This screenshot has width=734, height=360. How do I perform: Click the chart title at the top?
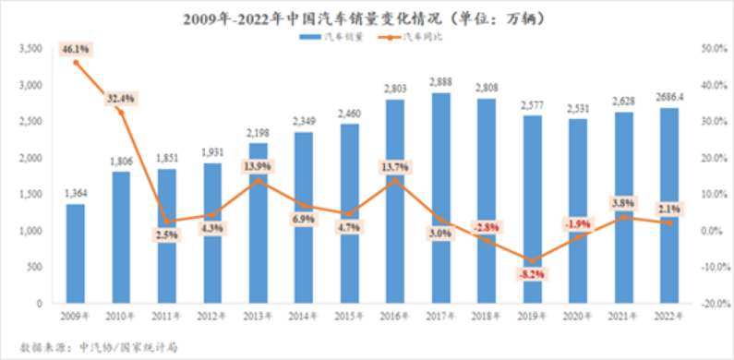pos(367,16)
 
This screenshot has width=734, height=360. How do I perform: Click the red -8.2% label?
pos(529,274)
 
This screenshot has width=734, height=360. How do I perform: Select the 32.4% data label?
pos(121,96)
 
